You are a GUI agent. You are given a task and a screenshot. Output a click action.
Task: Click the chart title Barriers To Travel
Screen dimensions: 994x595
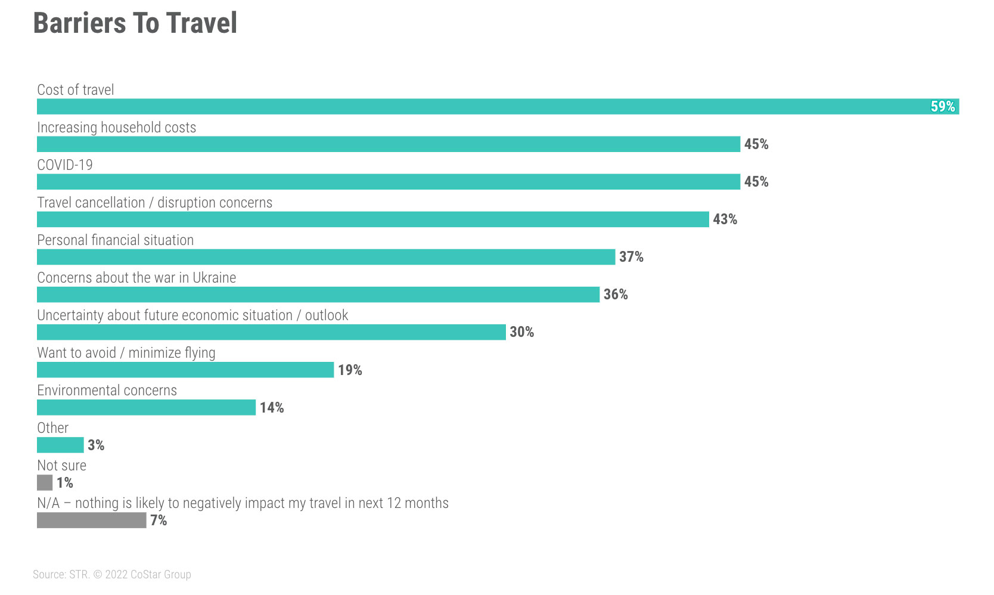[x=135, y=23]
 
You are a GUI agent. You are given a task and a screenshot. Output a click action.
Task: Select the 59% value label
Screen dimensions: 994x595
[x=942, y=107]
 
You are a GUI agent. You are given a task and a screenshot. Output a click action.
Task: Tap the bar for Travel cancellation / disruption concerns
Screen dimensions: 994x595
[x=372, y=219]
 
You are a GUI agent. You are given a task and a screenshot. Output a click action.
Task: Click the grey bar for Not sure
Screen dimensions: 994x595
[x=45, y=482]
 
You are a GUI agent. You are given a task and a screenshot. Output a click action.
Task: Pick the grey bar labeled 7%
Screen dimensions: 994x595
[x=91, y=520]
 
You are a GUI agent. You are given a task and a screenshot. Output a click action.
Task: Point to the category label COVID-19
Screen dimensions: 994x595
[x=65, y=165]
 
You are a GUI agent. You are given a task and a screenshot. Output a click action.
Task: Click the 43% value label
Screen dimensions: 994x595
[x=725, y=219]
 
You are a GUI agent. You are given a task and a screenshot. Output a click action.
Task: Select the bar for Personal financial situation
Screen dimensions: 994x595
[x=325, y=257]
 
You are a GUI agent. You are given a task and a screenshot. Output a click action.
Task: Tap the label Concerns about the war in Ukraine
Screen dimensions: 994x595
[x=136, y=278]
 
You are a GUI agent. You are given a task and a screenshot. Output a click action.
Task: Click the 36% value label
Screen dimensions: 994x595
[x=615, y=295]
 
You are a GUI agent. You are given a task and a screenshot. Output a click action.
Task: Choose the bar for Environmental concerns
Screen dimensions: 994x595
[x=146, y=407]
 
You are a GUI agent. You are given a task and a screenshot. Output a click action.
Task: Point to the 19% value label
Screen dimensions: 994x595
[x=350, y=370]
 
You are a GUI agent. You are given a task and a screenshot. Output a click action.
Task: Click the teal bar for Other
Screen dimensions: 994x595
[x=60, y=445]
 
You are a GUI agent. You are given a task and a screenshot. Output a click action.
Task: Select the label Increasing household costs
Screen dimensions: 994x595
[x=116, y=128]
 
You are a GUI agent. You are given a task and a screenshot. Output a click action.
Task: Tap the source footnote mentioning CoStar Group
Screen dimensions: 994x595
[x=112, y=574]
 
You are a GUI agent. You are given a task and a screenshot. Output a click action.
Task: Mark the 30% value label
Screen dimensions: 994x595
[x=521, y=332]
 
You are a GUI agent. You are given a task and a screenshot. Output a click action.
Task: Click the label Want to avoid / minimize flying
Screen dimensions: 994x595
[x=126, y=353]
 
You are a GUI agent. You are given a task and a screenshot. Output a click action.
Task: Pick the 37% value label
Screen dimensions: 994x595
[x=631, y=257]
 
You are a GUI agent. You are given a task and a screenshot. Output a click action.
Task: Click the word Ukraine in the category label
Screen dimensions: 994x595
[x=214, y=278]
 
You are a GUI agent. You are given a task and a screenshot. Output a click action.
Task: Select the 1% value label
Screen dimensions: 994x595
[x=65, y=483]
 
